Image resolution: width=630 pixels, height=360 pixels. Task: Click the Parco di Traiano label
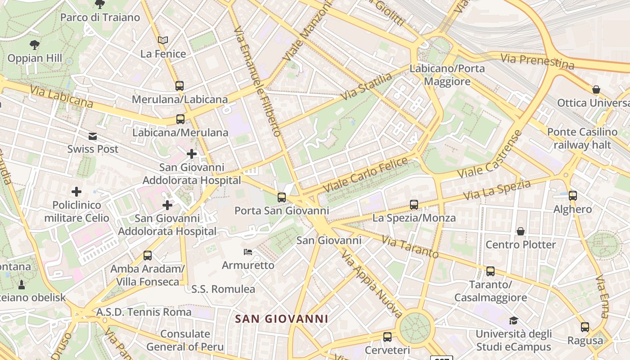pyautogui.click(x=100, y=18)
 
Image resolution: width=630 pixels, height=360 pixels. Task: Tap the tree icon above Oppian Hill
pyautogui.click(x=34, y=45)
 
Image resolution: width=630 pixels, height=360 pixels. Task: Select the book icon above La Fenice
pyautogui.click(x=163, y=40)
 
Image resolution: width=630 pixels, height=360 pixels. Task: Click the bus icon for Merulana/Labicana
pyautogui.click(x=180, y=85)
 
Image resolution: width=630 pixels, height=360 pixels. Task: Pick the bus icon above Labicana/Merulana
pyautogui.click(x=180, y=119)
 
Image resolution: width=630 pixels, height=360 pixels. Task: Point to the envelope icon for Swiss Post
pyautogui.click(x=93, y=136)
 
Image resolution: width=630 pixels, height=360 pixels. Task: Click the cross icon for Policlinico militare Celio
pyautogui.click(x=76, y=192)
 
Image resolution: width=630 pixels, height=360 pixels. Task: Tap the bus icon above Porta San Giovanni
pyautogui.click(x=282, y=197)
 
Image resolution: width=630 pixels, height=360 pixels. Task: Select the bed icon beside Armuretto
pyautogui.click(x=248, y=252)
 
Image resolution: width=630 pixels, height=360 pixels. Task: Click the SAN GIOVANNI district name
pyautogui.click(x=282, y=319)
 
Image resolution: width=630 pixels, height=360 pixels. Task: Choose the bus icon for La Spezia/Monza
pyautogui.click(x=414, y=205)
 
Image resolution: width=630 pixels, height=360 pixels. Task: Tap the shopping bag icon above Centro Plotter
pyautogui.click(x=521, y=231)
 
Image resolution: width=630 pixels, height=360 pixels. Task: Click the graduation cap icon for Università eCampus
pyautogui.click(x=513, y=320)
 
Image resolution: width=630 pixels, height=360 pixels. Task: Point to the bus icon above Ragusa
pyautogui.click(x=585, y=327)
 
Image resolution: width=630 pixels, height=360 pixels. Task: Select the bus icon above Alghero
pyautogui.click(x=572, y=196)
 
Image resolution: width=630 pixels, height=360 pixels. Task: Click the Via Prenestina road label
pyautogui.click(x=537, y=61)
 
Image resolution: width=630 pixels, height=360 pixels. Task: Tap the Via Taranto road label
pyautogui.click(x=410, y=247)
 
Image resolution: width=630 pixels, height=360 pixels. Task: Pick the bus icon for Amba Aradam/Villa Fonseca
pyautogui.click(x=148, y=256)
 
